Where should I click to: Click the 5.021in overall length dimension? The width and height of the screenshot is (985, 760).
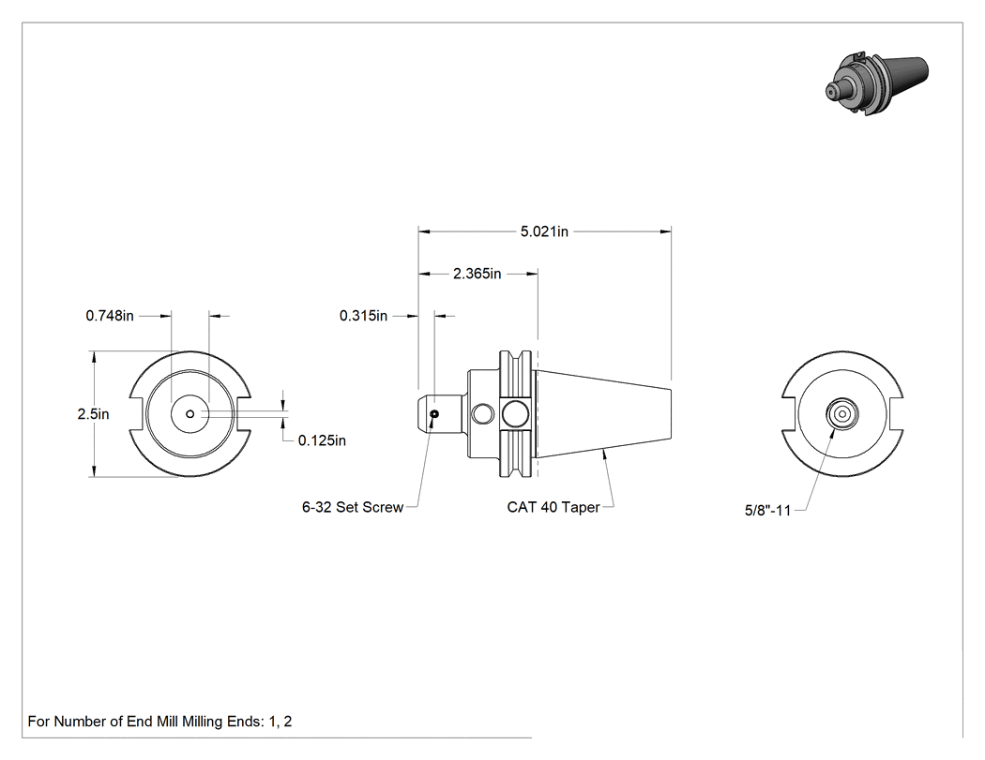(544, 231)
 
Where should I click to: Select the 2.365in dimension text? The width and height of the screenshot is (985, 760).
(477, 274)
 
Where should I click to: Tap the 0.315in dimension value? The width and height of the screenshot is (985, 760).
(363, 316)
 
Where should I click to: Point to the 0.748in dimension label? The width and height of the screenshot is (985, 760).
(110, 316)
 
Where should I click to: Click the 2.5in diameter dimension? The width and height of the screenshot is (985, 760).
(93, 414)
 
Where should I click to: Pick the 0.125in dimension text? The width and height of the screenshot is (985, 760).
(322, 440)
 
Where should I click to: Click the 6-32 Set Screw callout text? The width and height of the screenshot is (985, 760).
(353, 507)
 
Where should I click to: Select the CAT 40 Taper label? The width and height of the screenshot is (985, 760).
(553, 507)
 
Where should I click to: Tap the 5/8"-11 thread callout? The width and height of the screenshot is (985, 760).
(767, 510)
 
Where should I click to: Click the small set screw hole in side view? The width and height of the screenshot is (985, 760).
(434, 413)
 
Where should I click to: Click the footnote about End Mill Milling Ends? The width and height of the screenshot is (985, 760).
(159, 722)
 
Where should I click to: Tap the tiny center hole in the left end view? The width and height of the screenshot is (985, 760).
(190, 413)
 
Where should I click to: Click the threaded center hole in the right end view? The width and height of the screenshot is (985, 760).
(841, 414)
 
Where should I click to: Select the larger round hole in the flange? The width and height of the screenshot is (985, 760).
(515, 413)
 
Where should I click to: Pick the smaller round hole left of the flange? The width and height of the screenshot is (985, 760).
(483, 414)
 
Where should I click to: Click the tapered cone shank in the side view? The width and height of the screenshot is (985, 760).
(603, 414)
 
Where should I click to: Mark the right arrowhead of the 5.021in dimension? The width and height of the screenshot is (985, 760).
(666, 231)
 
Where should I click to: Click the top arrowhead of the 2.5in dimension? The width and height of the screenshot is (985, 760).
(94, 357)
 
